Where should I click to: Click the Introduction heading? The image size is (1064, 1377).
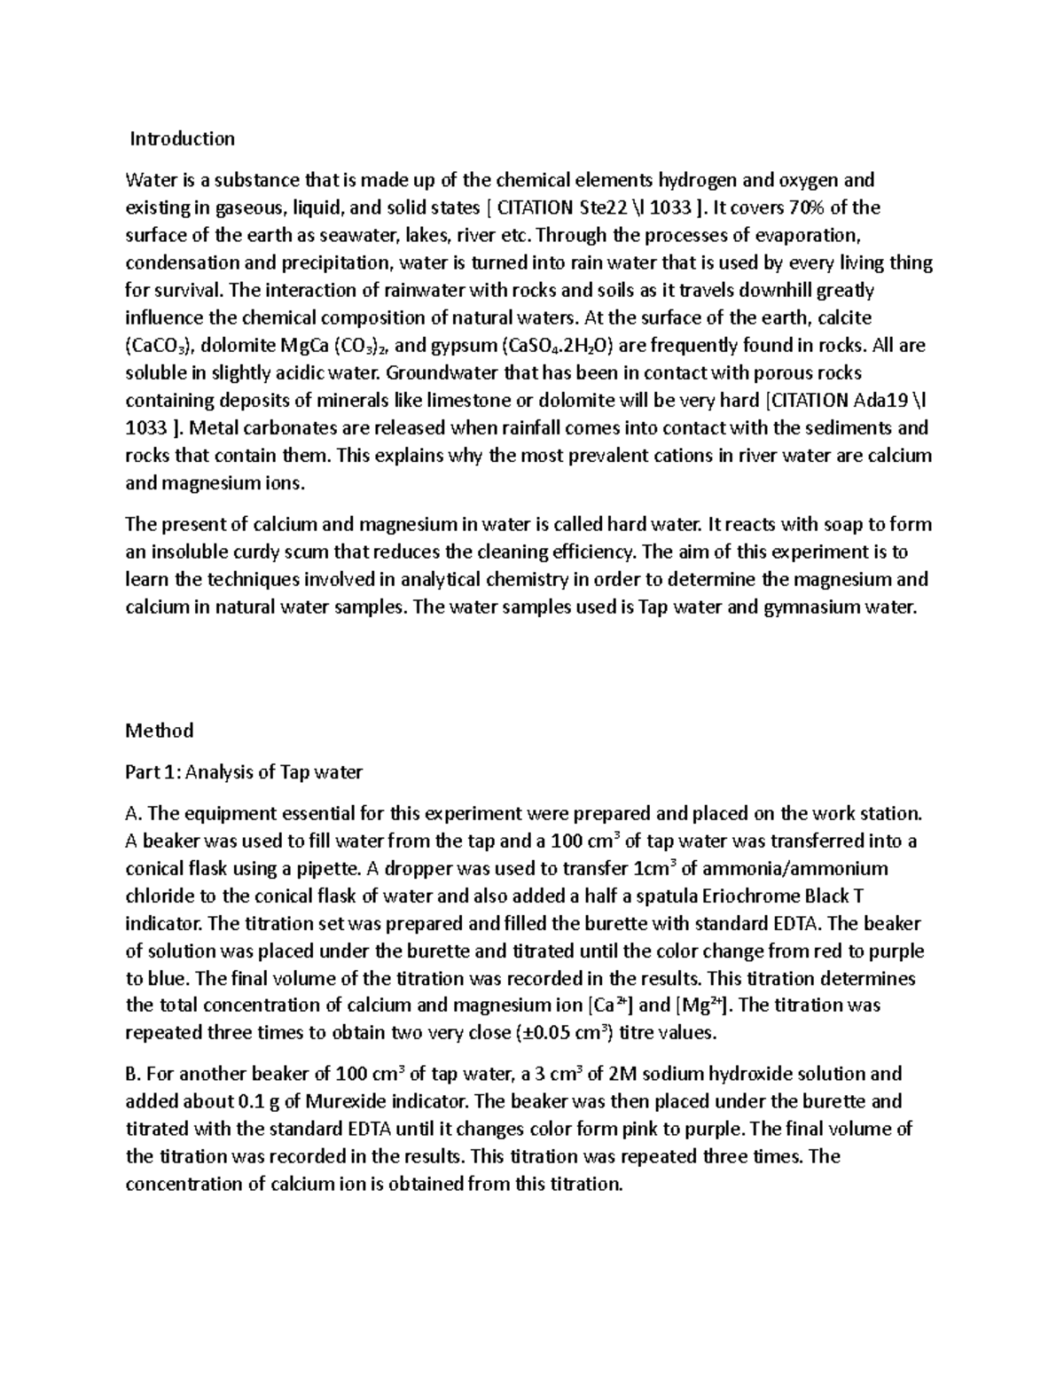tap(183, 138)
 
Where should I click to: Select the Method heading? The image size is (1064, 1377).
tap(160, 731)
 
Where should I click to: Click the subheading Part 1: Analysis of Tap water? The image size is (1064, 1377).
tap(244, 772)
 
